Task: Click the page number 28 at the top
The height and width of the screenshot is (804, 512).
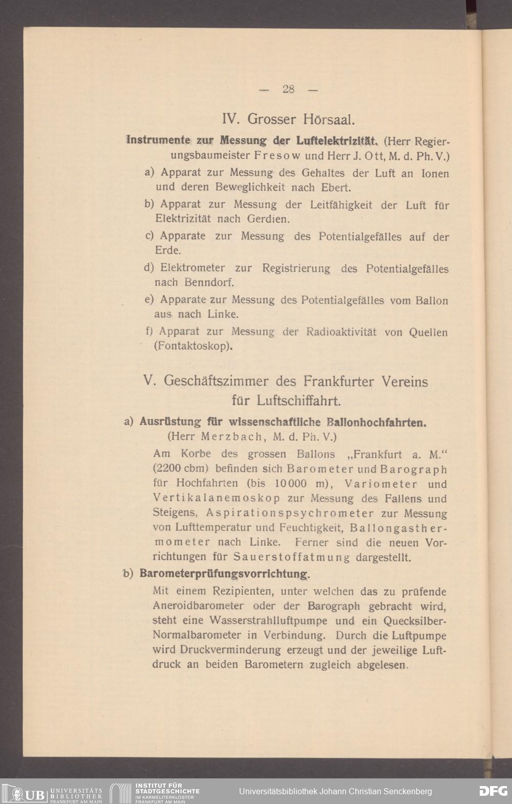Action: point(288,89)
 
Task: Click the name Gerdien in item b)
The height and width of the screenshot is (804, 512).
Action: point(269,219)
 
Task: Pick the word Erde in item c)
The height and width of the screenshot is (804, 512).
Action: point(168,251)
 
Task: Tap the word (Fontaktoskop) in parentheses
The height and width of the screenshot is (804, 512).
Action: point(193,346)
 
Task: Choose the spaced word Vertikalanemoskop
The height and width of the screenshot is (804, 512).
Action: point(217,499)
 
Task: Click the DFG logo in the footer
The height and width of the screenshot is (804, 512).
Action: point(493,791)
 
